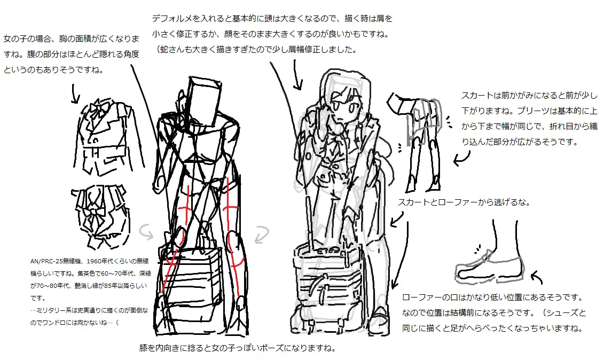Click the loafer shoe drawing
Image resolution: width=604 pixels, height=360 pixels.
pyautogui.click(x=489, y=268)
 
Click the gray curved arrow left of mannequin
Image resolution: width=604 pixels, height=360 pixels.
pyautogui.click(x=147, y=231)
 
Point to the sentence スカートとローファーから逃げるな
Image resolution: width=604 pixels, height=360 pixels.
pyautogui.click(x=464, y=202)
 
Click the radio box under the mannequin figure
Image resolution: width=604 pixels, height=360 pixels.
pyautogui.click(x=190, y=272)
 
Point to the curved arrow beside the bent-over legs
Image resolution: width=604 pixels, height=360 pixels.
pyautogui.click(x=461, y=158)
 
